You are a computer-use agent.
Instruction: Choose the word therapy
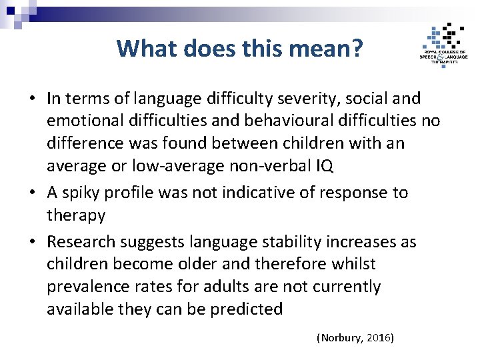tap(76, 215)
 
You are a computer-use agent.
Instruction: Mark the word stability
tap(280, 241)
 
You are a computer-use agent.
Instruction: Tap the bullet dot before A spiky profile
tap(32, 193)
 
